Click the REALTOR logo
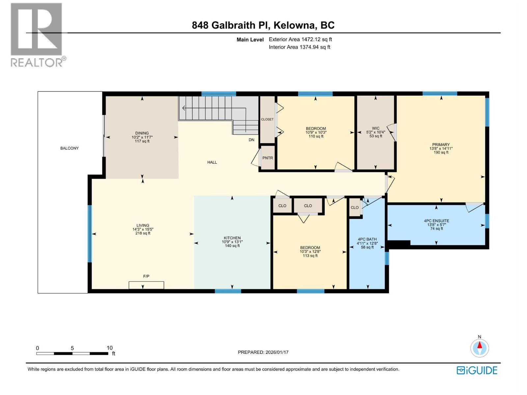tap(37, 35)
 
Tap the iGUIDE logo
tap(477, 370)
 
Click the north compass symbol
tap(480, 348)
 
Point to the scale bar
tap(72, 354)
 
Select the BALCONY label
tap(69, 148)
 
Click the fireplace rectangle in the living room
tap(146, 285)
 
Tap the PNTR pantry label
tap(267, 158)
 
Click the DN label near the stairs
tap(251, 140)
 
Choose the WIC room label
tap(375, 128)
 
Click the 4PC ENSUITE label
tap(436, 221)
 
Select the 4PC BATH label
tap(367, 239)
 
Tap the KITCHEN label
tap(232, 238)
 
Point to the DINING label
tap(142, 133)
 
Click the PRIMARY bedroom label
tap(441, 145)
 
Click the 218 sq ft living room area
tap(143, 233)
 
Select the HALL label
tap(212, 162)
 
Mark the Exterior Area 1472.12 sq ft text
tap(300, 39)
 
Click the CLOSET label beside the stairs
tap(267, 119)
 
